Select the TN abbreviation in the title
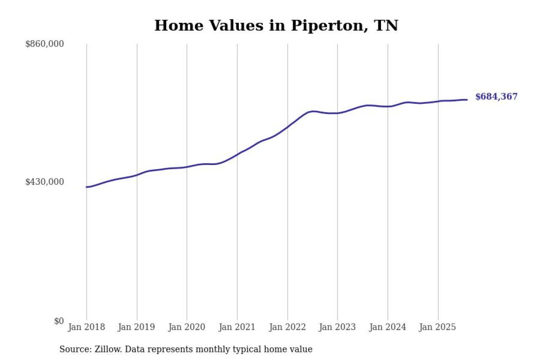coord(387,26)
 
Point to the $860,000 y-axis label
coord(45,44)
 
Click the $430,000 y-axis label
coord(45,182)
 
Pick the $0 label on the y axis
coord(59,321)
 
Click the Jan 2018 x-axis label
coord(86,328)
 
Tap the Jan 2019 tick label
coord(137,328)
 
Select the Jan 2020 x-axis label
coord(187,328)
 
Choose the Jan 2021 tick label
coord(237,328)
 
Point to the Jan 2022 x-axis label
coord(287,328)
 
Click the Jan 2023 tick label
coord(337,328)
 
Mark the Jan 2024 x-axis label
coord(388,328)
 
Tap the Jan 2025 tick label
coord(438,328)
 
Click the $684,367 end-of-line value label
coord(496,97)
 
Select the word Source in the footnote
coord(73,349)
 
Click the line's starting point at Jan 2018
coord(87,187)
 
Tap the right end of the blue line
coord(467,100)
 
